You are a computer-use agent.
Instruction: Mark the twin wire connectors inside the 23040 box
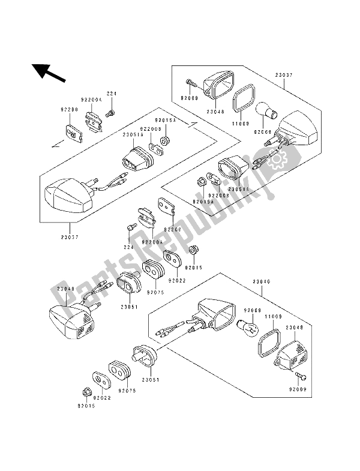pyautogui.click(x=171, y=329)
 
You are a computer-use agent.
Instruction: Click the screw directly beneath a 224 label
pyautogui.click(x=110, y=114)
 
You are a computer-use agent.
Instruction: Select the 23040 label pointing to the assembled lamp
pyautogui.click(x=66, y=289)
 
